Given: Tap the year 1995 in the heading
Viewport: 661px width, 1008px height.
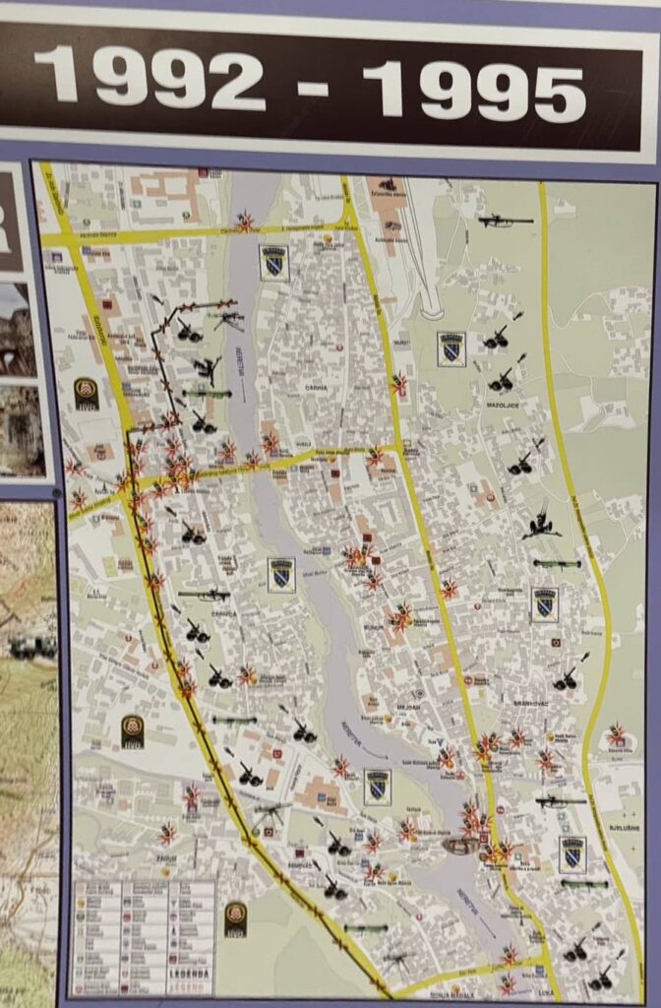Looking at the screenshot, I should (x=488, y=88).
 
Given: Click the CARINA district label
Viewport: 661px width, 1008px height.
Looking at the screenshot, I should (x=316, y=388).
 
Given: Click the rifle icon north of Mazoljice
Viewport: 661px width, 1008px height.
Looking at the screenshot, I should (x=506, y=221).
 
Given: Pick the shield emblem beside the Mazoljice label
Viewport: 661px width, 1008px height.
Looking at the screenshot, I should (x=451, y=349).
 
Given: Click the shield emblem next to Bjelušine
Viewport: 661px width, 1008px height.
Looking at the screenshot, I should (x=572, y=854).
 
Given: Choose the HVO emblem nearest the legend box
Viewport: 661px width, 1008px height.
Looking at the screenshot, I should (x=235, y=919).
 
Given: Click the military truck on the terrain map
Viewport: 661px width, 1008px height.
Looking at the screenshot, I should (x=31, y=647).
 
